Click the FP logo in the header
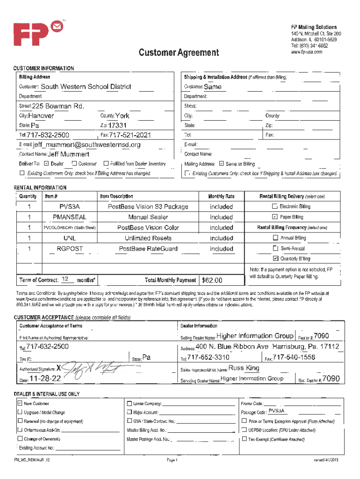36,36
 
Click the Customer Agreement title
178,52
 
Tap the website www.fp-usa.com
306,52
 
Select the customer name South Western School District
86,87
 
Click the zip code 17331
117,125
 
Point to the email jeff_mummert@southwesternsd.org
86,145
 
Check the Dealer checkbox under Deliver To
46,164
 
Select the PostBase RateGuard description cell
148,248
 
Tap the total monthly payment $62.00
212,280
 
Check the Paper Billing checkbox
275,217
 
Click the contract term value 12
65,279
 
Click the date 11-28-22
45,378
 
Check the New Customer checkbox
20,403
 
